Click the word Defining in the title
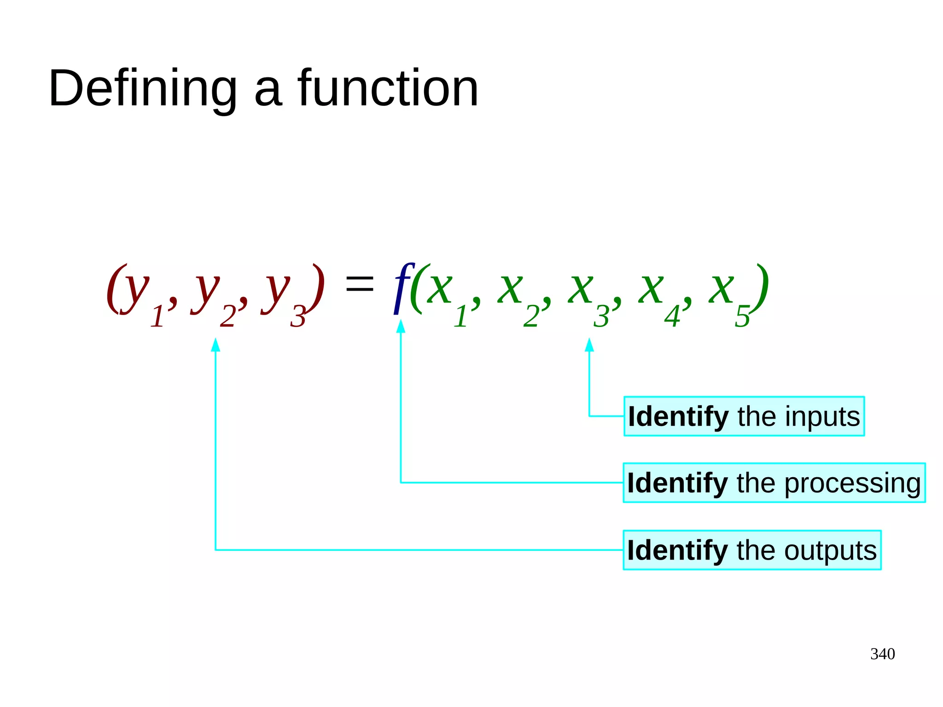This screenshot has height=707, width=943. pos(143,88)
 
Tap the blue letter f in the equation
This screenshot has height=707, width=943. pos(402,288)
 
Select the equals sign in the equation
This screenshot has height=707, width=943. pos(360,282)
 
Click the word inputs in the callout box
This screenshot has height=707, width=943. pos(822,417)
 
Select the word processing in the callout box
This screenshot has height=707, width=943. pos(852,484)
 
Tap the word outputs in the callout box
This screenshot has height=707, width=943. pos(830,550)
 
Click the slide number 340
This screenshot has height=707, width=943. pos(882,654)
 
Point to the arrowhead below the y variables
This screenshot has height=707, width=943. pos(215,345)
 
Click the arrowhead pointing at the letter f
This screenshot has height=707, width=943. pos(401,326)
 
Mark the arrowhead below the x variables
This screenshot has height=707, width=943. pos(589,345)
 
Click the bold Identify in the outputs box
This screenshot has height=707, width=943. pos(677,550)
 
